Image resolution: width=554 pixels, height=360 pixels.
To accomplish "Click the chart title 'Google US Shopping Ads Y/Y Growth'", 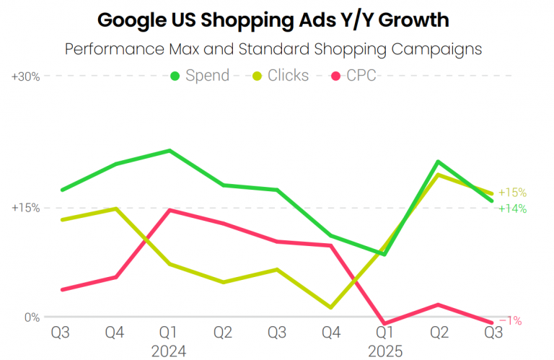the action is [x=273, y=20].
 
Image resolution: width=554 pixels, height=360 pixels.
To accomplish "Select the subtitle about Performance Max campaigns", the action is [x=273, y=50].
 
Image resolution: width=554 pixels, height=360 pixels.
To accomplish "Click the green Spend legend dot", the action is [x=175, y=76].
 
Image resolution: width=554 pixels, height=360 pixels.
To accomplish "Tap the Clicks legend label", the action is [x=288, y=76].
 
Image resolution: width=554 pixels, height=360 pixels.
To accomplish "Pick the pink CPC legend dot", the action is [x=335, y=76].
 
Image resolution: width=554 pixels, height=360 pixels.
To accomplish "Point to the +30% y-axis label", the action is [x=26, y=76].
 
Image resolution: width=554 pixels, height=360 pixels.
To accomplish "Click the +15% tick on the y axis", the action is [x=26, y=208].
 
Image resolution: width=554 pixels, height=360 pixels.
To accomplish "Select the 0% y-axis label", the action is [x=32, y=317].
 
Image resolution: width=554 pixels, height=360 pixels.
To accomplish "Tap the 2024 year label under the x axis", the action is [x=169, y=351].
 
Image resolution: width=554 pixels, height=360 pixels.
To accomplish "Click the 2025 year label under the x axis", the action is [x=385, y=351].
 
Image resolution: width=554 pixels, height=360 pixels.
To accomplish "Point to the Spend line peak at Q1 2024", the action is [x=170, y=151].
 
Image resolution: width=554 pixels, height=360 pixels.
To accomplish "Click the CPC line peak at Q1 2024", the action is [x=170, y=210].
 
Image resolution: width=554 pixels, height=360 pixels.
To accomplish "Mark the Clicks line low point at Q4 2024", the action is [x=331, y=307].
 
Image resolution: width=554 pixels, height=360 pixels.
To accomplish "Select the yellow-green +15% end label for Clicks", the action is [x=512, y=193].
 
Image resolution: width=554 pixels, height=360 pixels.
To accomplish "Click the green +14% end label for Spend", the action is [x=512, y=208].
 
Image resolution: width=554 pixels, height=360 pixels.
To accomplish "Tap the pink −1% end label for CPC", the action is [x=511, y=320].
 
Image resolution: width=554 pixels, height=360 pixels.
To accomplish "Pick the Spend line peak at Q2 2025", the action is [x=438, y=162].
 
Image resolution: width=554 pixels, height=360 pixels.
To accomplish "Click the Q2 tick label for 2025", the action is [x=439, y=333].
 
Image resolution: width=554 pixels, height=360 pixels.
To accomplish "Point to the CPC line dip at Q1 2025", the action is [x=384, y=323].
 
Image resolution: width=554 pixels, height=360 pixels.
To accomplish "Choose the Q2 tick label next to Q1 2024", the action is [x=223, y=333].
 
